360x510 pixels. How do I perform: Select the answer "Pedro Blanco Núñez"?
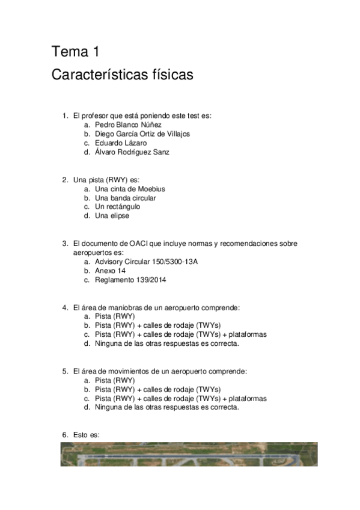(128, 124)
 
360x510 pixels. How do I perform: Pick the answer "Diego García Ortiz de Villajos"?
(142, 134)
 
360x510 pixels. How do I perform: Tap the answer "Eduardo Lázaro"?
(120, 143)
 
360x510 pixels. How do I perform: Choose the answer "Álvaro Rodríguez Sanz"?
(132, 152)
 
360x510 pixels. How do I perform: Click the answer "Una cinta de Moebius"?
(130, 189)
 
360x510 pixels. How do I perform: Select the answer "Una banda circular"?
(125, 198)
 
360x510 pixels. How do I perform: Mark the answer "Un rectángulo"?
(118, 207)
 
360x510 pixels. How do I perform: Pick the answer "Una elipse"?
(112, 216)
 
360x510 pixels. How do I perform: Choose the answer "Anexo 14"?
(110, 271)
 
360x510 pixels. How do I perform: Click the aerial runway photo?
(189, 454)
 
